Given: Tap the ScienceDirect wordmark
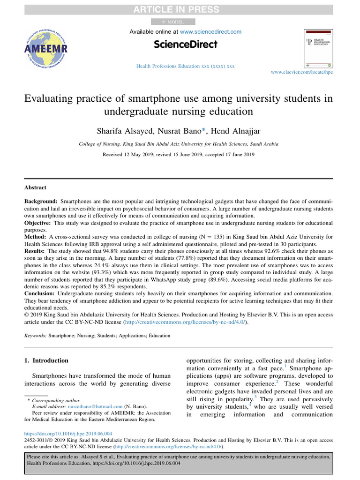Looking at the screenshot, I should [x=186, y=45].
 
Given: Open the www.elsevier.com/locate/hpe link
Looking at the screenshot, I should [x=302, y=73].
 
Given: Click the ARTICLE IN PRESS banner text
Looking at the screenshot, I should [x=180, y=9].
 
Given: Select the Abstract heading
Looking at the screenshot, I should [x=35, y=187].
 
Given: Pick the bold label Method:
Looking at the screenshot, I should [x=36, y=237].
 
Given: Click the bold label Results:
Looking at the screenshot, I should [x=36, y=251].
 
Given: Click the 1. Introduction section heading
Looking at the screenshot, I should [x=46, y=360].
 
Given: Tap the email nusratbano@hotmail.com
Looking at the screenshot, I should [x=95, y=407].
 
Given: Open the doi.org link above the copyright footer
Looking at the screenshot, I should [x=68, y=434].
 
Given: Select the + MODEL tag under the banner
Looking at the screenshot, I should [x=173, y=22].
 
